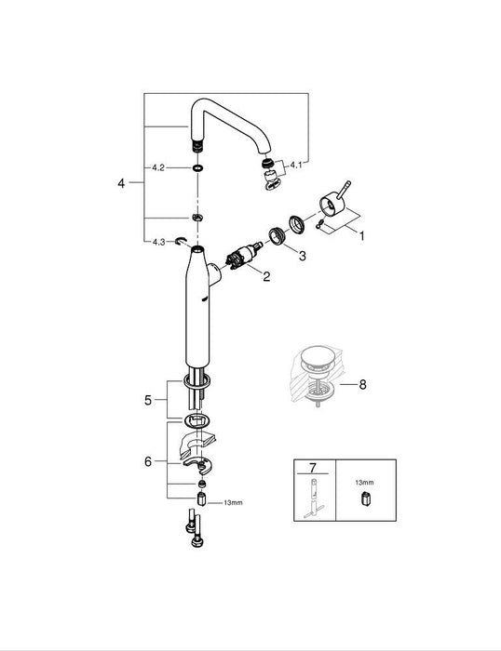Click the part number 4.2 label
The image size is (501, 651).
pyautogui.click(x=159, y=168)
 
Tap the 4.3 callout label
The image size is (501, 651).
pyautogui.click(x=159, y=242)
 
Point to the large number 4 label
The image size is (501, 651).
pyautogui.click(x=121, y=184)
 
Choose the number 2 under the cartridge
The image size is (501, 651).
pyautogui.click(x=266, y=276)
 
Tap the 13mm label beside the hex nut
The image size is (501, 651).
pyautogui.click(x=232, y=502)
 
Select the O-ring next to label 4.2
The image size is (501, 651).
pyautogui.click(x=197, y=169)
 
